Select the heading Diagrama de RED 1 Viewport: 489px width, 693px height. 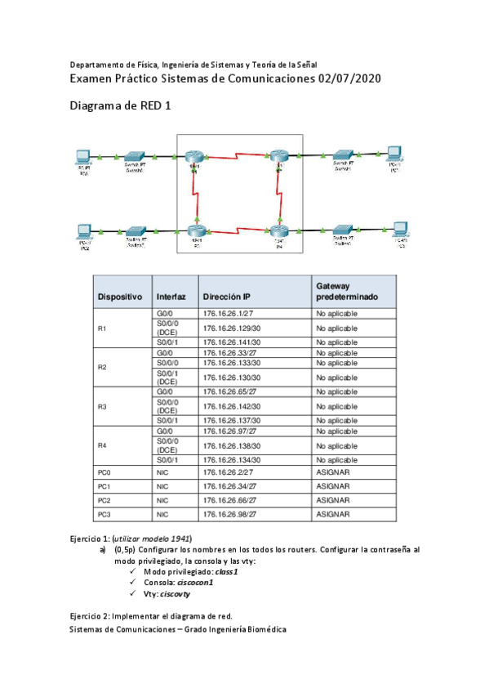click(x=120, y=106)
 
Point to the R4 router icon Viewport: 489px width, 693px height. click(x=278, y=231)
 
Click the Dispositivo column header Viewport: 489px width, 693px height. click(x=120, y=297)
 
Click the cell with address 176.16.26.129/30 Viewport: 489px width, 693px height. click(x=231, y=328)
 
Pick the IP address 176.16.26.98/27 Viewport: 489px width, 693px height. click(x=229, y=514)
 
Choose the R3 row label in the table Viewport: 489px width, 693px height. click(x=102, y=406)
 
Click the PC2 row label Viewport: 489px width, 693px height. click(x=103, y=499)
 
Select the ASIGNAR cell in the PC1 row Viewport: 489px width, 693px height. click(x=332, y=485)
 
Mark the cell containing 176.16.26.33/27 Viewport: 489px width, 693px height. click(x=229, y=352)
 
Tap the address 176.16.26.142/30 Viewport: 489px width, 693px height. click(x=231, y=406)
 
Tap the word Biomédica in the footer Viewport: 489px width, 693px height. click(x=264, y=629)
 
